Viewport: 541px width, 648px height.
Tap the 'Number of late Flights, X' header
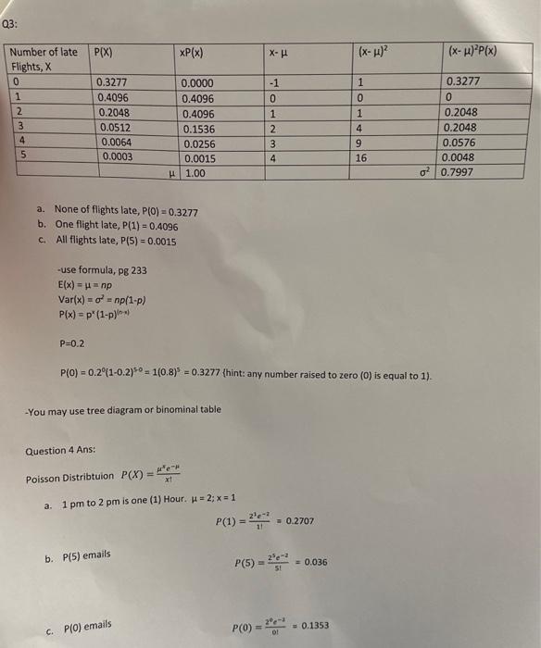(43, 59)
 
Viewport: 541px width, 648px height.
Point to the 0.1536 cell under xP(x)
(197, 130)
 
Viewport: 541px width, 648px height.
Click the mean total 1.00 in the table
(195, 173)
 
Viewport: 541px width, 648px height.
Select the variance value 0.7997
(460, 172)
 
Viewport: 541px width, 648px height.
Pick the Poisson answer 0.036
(318, 563)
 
